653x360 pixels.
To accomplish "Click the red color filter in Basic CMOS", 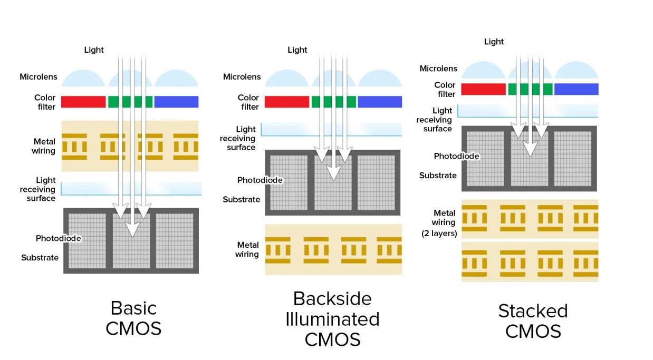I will click(83, 102).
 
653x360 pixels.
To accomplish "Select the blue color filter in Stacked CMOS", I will click(576, 89).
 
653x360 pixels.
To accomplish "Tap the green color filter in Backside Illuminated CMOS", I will click(333, 102).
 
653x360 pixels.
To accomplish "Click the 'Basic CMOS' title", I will click(133, 318).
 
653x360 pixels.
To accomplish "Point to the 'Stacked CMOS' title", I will click(533, 320).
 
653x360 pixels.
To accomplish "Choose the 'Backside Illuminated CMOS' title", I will click(332, 319).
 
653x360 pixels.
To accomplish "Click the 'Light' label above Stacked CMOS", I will click(494, 42).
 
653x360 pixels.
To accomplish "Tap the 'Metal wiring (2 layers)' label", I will click(440, 223).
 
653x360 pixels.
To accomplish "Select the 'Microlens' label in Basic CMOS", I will click(39, 77).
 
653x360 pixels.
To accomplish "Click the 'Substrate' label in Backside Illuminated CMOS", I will click(241, 199).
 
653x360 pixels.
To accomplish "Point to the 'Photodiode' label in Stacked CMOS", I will click(456, 156).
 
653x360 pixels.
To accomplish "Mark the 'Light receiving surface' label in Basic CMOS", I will click(39, 190).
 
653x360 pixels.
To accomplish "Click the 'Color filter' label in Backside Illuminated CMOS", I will click(248, 102).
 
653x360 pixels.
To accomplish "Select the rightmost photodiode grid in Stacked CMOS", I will click(572, 158).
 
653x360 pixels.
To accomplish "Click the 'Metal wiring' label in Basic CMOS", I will click(44, 147).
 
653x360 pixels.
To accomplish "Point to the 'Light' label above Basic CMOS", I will click(94, 50).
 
